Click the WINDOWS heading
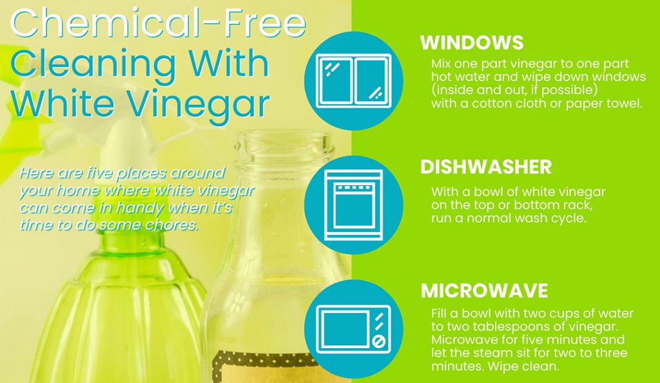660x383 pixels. pos(472,43)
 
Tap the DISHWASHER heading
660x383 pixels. pos(486,167)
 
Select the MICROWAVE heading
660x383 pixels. pos(484,291)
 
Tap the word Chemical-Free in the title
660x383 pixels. pos(158,23)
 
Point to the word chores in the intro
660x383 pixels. pos(177,226)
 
